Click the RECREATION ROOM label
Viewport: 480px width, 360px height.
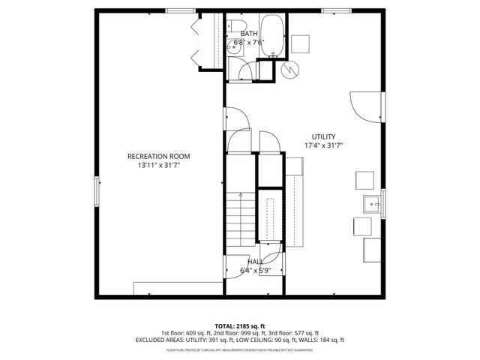(x=158, y=156)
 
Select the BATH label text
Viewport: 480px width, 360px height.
(x=248, y=33)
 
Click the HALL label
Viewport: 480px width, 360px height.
(x=255, y=262)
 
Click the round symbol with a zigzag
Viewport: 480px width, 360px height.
(x=289, y=68)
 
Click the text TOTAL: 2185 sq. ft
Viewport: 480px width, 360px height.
(x=239, y=326)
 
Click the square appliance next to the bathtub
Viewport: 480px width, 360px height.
(x=301, y=43)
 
